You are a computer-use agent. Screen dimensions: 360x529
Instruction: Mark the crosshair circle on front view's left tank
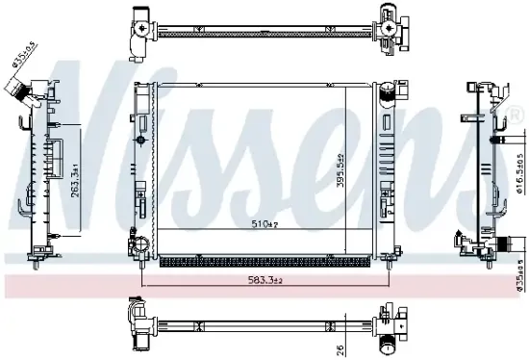[141, 141]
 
